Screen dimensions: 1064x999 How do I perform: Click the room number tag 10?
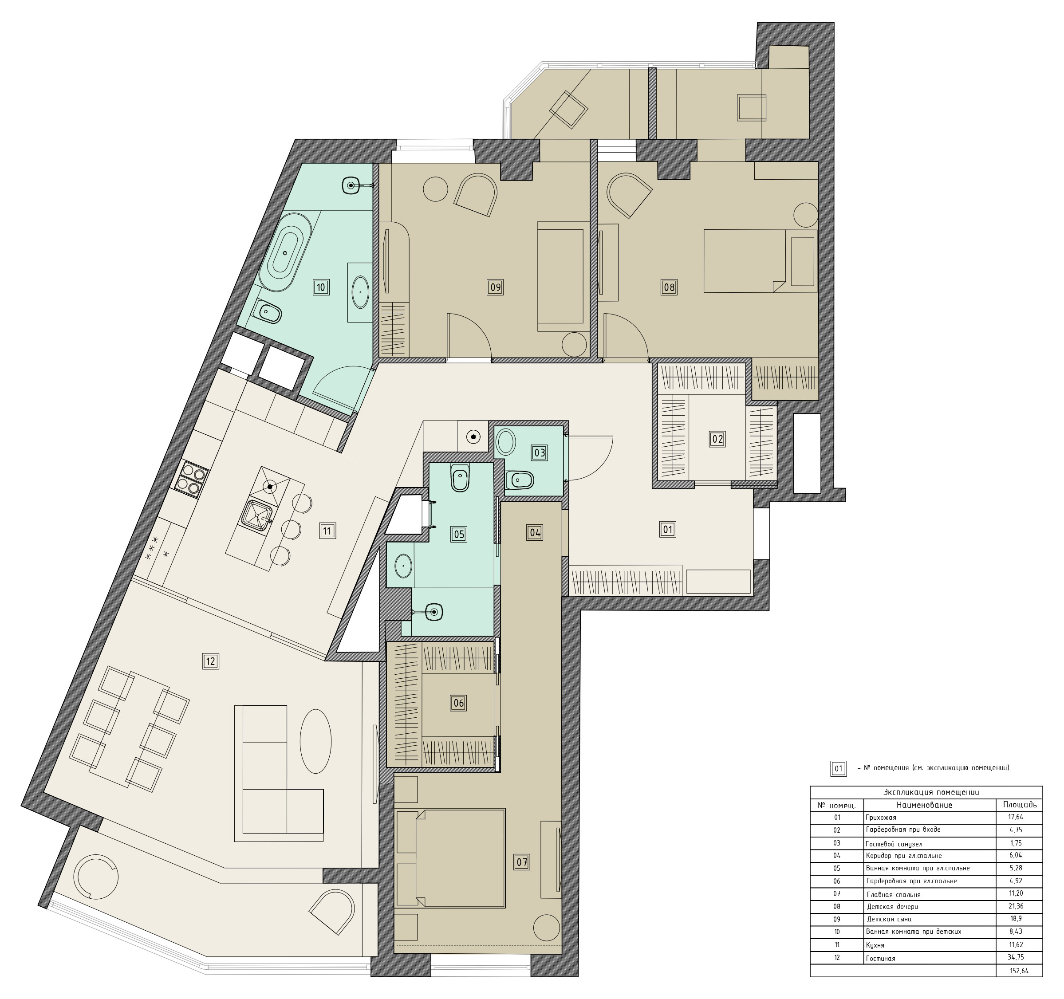(321, 287)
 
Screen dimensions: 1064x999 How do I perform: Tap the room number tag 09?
(495, 287)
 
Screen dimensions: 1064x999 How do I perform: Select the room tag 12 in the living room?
(210, 661)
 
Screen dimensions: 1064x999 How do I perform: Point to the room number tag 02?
(717, 439)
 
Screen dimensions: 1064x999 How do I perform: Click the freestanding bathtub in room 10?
(285, 252)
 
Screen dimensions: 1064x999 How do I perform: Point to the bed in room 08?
(760, 261)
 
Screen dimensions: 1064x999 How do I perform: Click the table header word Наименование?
(924, 805)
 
